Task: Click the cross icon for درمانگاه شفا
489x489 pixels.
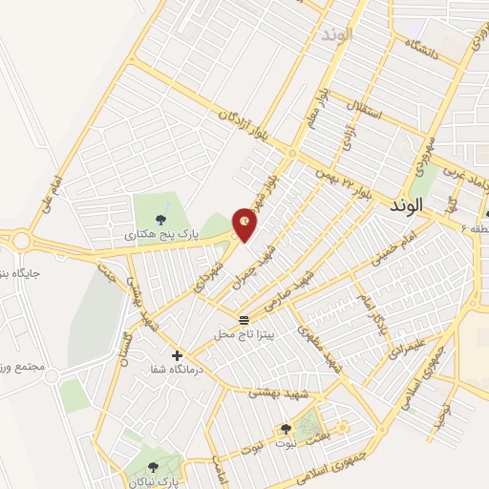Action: point(177,354)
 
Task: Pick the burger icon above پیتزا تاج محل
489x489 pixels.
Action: point(244,318)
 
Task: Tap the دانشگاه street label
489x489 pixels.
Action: point(420,48)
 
